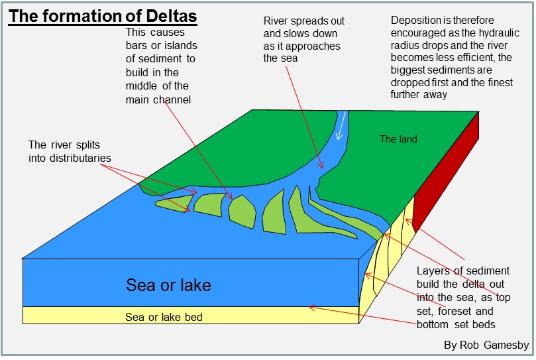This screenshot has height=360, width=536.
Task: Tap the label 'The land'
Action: point(398,139)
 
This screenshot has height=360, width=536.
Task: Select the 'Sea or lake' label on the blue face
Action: point(168,286)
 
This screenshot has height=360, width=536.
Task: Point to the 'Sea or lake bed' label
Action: point(164,317)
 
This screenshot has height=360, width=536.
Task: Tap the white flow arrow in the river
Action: point(342,126)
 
